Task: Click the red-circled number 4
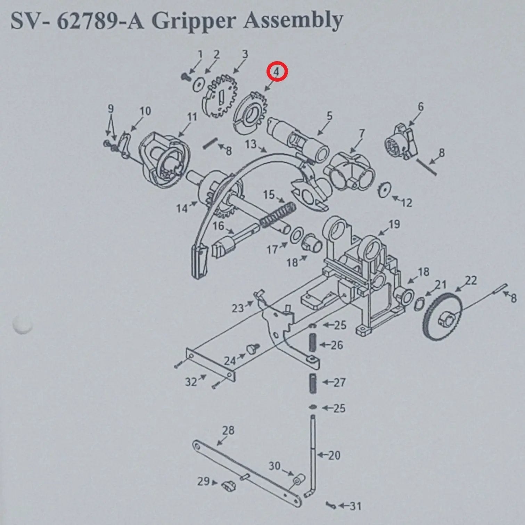tap(277, 72)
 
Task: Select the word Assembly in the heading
tap(293, 22)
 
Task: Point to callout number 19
tap(394, 224)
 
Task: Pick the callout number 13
tap(251, 144)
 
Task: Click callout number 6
tap(421, 107)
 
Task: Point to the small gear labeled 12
tap(385, 190)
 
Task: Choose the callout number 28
tap(228, 430)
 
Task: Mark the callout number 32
tap(191, 382)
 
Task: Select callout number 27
tap(339, 382)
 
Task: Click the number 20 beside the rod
tap(334, 455)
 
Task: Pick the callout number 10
tap(145, 111)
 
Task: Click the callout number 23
tap(238, 308)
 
